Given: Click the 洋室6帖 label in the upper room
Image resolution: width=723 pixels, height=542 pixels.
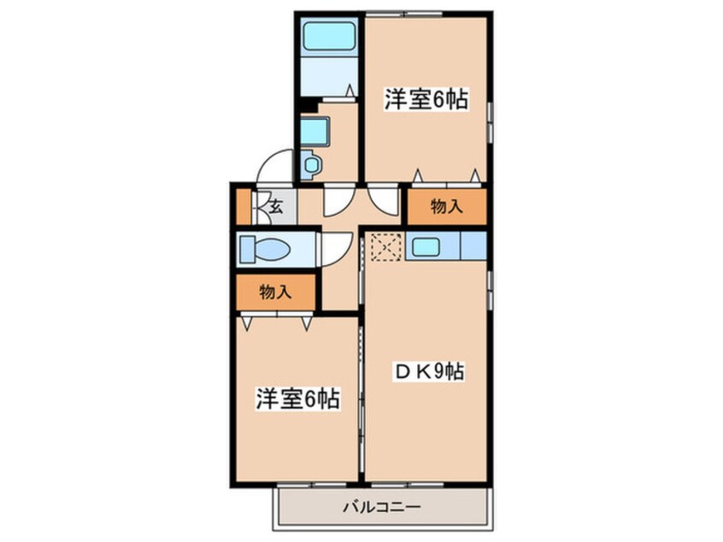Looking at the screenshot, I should pos(425,100).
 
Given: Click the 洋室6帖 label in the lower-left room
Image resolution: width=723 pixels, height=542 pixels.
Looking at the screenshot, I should pos(297,398).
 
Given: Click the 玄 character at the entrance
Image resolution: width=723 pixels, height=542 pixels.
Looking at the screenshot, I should pos(276,205).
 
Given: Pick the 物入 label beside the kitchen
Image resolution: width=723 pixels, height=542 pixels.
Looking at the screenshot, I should pos(445,206).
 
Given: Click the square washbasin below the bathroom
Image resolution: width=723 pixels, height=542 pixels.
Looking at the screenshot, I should pos(313,131).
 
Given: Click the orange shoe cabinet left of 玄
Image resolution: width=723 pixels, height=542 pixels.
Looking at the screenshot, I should pos(243,205).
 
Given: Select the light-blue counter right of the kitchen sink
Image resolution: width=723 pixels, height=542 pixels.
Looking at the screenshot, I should pos(473,247).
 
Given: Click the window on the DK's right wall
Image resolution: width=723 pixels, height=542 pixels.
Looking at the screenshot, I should pos(490,291).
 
